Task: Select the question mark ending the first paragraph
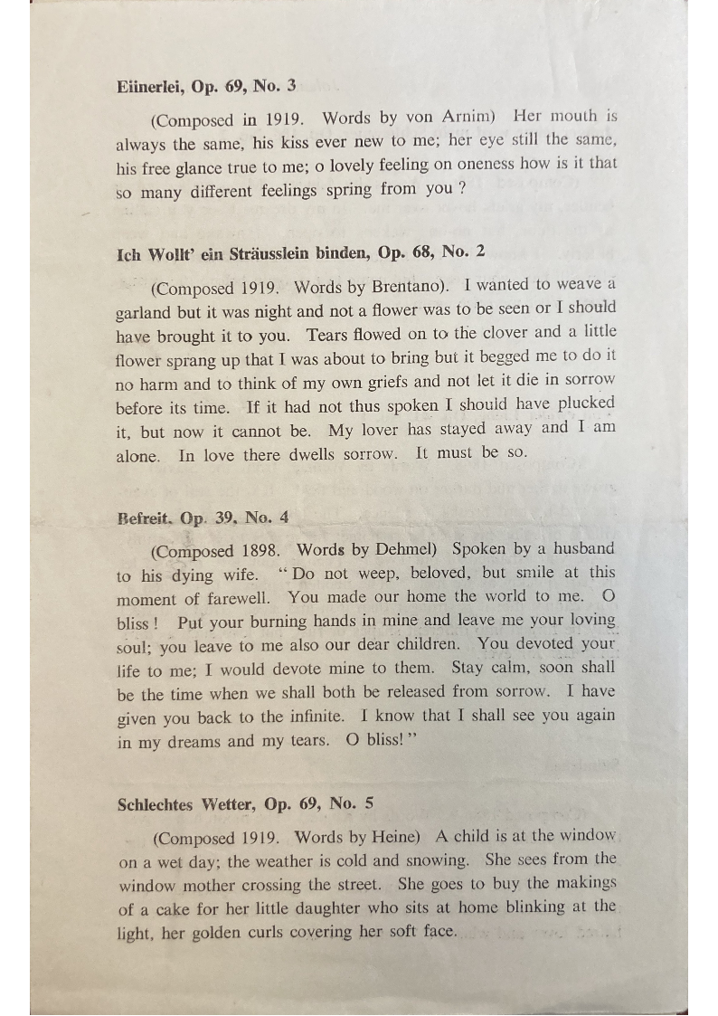point(461,189)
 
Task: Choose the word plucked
point(586,404)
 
